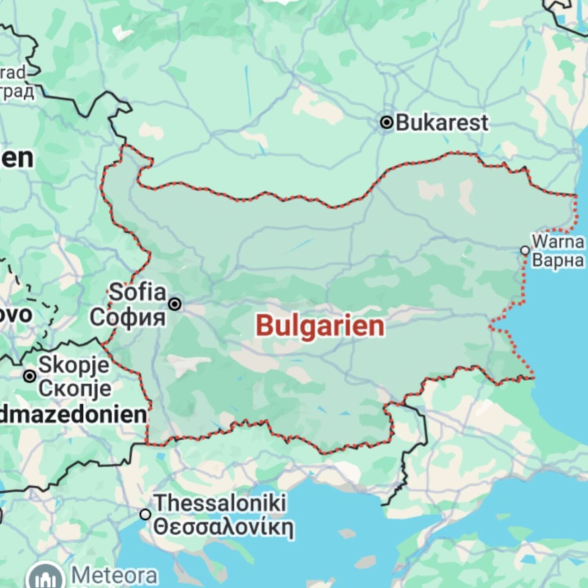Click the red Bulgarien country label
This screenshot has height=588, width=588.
click(320, 326)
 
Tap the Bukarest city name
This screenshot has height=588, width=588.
click(442, 123)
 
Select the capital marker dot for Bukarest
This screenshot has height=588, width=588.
click(387, 122)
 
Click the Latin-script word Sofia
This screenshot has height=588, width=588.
click(137, 292)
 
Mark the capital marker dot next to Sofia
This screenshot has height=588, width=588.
click(175, 304)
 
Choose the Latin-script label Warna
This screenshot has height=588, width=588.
click(558, 241)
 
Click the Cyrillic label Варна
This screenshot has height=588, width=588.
click(558, 260)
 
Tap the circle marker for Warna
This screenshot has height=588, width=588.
click(525, 250)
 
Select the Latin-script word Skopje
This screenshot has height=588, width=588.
click(74, 365)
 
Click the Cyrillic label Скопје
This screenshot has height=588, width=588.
click(74, 388)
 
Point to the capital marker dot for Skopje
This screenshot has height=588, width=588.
click(29, 376)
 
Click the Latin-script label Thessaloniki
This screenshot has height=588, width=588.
click(220, 503)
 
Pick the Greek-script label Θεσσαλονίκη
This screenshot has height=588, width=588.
click(223, 527)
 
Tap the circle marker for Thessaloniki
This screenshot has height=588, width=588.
click(145, 514)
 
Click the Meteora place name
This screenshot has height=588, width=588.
click(114, 575)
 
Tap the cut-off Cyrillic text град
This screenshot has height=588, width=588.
click(17, 91)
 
